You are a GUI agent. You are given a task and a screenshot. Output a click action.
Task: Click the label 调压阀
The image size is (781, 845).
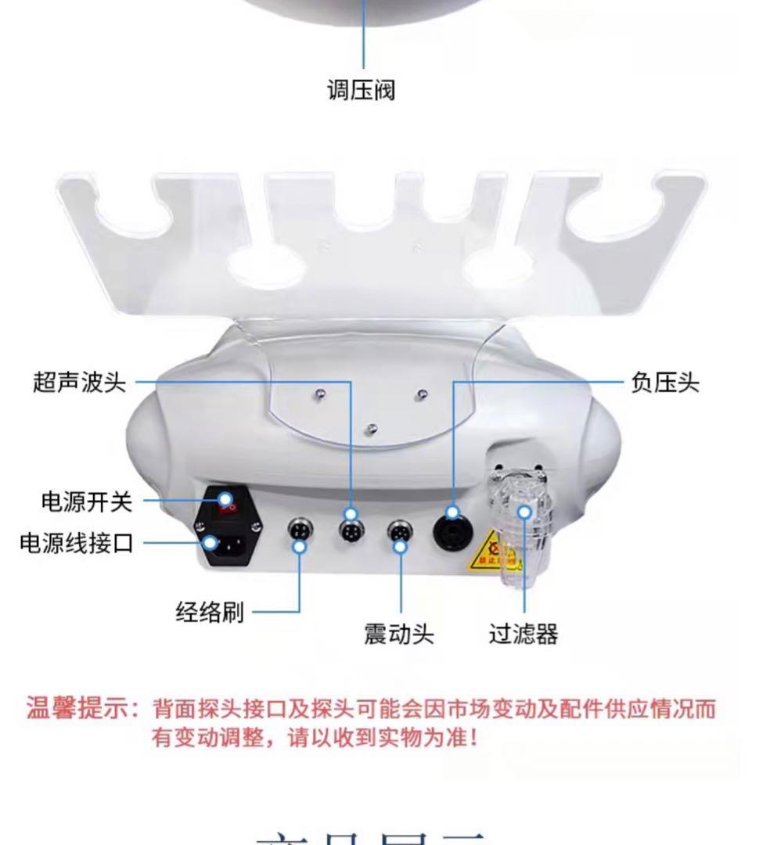coord(361,90)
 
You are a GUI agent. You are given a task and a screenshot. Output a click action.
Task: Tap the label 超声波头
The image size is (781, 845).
coord(79,383)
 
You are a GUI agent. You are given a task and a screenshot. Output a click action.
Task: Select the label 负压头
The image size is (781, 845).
coord(664,383)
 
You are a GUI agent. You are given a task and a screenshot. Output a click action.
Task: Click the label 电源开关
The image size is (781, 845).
coord(87,502)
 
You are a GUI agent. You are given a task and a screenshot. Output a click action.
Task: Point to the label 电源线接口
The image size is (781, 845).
coord(77,542)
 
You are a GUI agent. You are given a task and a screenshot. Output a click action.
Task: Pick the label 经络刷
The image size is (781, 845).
coord(209,611)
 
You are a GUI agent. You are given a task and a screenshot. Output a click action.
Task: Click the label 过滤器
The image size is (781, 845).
coord(524,633)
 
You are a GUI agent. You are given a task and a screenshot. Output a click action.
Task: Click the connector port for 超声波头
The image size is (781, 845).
coord(350,530)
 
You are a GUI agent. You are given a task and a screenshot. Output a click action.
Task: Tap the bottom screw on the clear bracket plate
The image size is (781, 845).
coord(372,427)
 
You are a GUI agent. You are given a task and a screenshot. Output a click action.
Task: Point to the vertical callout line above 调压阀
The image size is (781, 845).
coord(363,35)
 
